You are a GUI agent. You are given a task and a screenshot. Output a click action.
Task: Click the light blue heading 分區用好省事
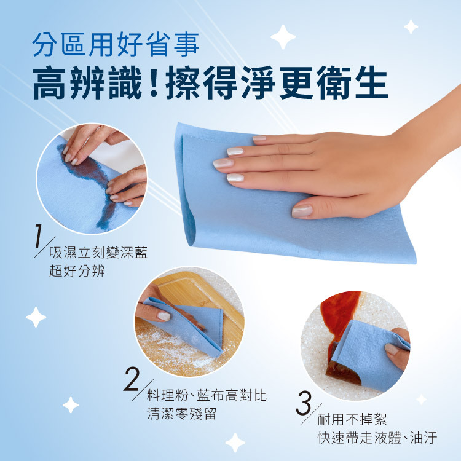coord(116,45)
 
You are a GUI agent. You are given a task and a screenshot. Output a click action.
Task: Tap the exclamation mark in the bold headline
coord(153,82)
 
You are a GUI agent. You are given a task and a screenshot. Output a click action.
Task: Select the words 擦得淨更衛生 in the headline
coord(277,82)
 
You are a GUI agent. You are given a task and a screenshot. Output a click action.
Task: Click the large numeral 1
coord(38,236)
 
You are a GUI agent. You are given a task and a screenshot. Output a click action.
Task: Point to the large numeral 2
coord(132,379)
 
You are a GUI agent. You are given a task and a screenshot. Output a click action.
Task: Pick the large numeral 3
coord(304,403)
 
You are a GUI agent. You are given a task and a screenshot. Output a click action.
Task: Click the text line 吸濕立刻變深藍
coord(98,252)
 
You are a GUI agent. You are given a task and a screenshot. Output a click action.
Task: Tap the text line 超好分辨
coord(77,271)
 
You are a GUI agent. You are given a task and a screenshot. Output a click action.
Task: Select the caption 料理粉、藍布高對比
coord(207,395)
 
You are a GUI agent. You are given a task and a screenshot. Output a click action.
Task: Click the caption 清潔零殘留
coord(182,414)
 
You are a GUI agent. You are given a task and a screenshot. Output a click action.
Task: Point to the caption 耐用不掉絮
coord(352,419)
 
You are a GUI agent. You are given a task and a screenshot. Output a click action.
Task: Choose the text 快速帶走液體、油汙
coord(377,438)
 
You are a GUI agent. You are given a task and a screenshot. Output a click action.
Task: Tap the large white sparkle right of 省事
coord(283,37)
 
